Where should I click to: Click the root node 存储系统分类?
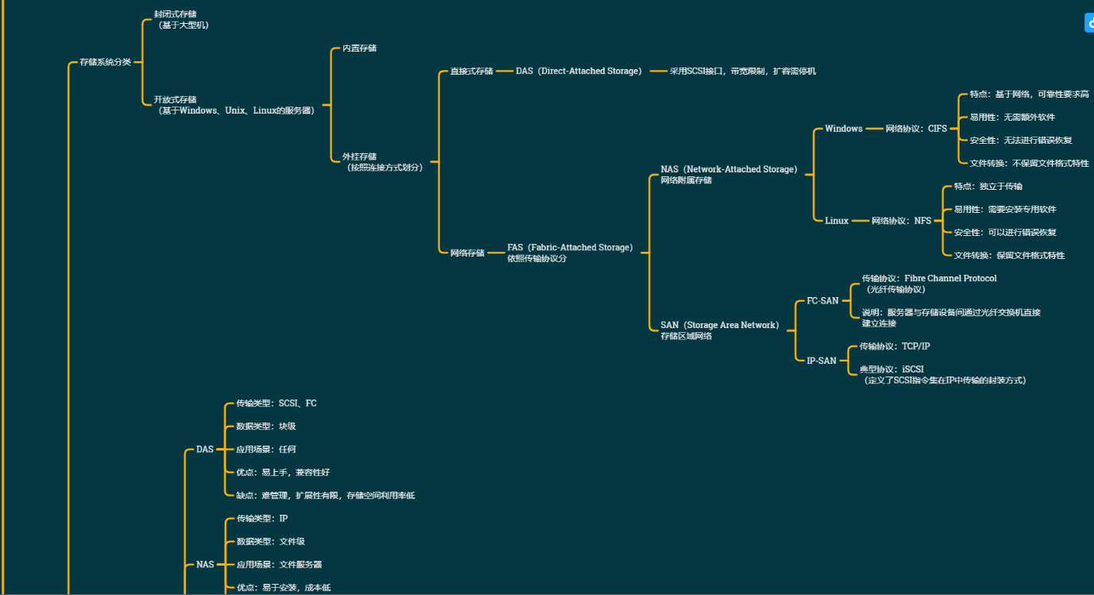click(x=105, y=62)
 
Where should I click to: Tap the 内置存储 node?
click(x=359, y=48)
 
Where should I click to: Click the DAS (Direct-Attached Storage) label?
click(x=578, y=71)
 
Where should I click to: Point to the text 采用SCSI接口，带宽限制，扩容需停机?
click(x=742, y=71)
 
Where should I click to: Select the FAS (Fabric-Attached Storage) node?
click(x=570, y=248)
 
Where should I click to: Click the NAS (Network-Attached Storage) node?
click(x=729, y=169)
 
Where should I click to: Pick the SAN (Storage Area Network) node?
click(x=720, y=325)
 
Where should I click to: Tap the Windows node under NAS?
click(x=843, y=129)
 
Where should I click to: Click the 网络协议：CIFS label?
click(x=916, y=129)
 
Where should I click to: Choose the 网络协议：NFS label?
click(x=901, y=221)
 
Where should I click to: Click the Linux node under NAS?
click(x=837, y=221)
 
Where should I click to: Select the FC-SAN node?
click(x=822, y=301)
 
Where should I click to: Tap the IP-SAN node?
click(x=821, y=361)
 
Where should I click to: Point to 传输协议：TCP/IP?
click(x=895, y=346)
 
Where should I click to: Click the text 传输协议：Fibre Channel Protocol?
click(x=929, y=279)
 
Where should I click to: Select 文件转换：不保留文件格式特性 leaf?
click(x=1029, y=164)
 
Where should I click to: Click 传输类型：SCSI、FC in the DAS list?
click(x=276, y=404)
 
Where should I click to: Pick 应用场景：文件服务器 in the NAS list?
click(x=279, y=565)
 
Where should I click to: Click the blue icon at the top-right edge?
click(x=1089, y=23)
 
